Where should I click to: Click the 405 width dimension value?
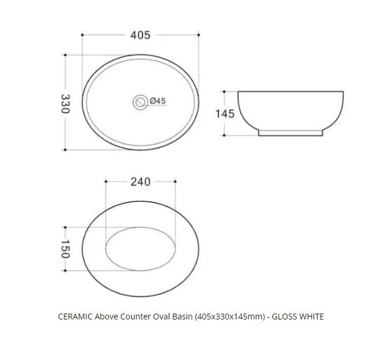[x=140, y=35]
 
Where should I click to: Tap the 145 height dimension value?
[x=225, y=114]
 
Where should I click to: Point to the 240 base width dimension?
[x=140, y=181]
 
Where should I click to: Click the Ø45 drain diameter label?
[x=158, y=101]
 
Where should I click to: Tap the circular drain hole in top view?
[x=140, y=101]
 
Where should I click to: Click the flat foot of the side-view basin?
[x=290, y=133]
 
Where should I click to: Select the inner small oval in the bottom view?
[x=140, y=249]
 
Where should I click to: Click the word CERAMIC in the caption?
[x=75, y=317]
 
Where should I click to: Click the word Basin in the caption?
[x=184, y=317]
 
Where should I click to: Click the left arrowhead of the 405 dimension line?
[x=85, y=35]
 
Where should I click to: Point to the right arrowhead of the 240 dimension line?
[x=174, y=181]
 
